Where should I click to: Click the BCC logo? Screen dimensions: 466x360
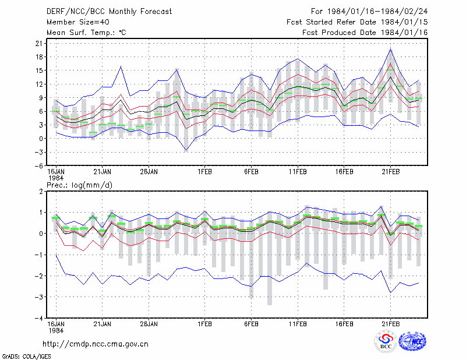(x=386, y=341)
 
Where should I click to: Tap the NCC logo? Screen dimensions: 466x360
(x=413, y=341)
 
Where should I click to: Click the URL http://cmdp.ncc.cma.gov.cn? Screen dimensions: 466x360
(x=96, y=344)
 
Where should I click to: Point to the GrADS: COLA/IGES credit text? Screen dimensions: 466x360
(x=26, y=356)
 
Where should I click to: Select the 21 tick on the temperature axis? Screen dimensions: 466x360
(x=39, y=44)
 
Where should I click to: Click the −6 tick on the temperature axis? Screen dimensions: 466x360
(x=38, y=165)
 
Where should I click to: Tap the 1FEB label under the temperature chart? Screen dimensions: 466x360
(x=204, y=172)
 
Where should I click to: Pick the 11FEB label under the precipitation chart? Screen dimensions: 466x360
(x=298, y=324)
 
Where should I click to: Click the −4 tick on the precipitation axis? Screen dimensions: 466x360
(x=38, y=318)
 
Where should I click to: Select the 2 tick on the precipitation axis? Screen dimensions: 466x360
(x=41, y=191)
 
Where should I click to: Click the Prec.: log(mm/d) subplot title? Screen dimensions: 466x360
(x=79, y=185)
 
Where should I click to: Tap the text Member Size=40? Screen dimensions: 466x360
(x=78, y=22)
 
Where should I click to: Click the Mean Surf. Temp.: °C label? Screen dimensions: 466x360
(x=86, y=33)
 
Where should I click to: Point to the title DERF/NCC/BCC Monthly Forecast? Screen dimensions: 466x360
(x=109, y=12)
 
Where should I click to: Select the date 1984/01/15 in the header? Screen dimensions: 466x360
(x=404, y=22)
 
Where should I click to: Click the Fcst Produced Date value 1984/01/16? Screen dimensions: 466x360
(x=404, y=33)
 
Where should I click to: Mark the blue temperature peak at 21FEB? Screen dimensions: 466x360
(x=391, y=50)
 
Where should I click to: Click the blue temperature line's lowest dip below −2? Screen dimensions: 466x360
(x=186, y=150)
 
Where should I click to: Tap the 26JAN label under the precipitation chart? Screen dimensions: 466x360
(x=149, y=324)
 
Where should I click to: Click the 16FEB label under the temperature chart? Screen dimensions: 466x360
(x=344, y=172)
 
